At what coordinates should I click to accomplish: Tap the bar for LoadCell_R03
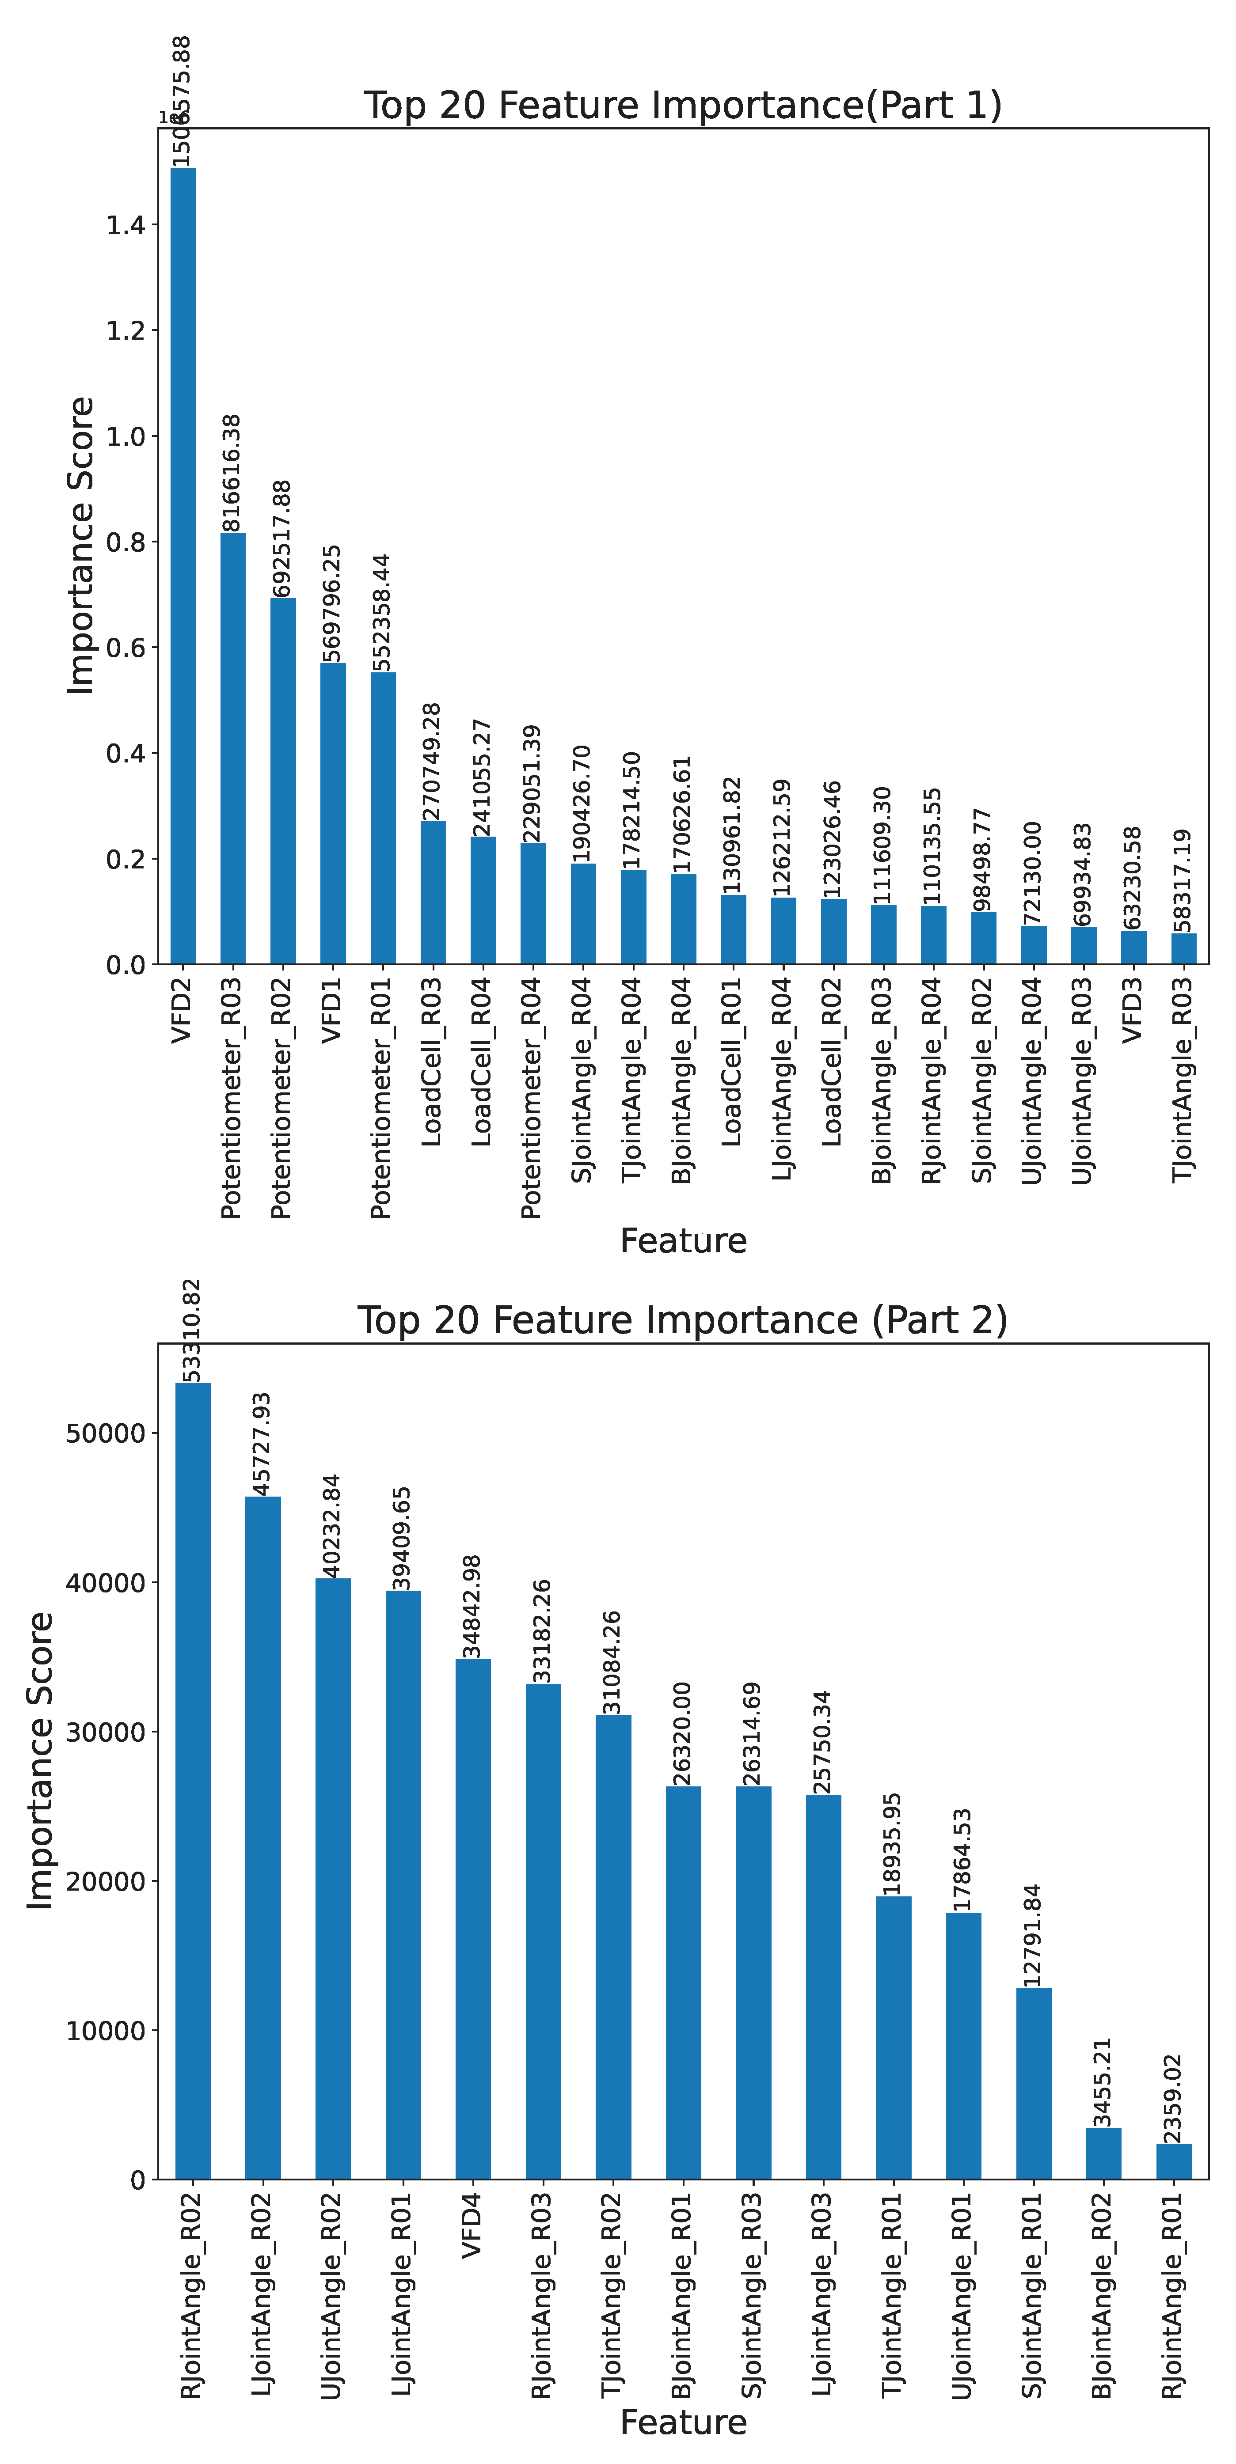[x=433, y=891]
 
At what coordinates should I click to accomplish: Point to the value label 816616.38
[x=232, y=473]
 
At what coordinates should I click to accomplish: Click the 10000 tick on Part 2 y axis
[x=105, y=2031]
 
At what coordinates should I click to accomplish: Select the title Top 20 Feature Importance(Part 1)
[x=682, y=105]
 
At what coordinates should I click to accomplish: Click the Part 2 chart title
[x=682, y=1320]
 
